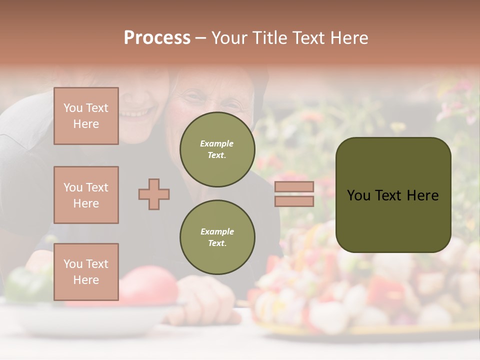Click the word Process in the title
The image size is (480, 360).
[157, 38]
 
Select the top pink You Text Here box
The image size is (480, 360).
[86, 116]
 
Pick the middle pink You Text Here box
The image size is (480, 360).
[86, 195]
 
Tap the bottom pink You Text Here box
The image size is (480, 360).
[86, 271]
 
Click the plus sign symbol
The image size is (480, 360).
[154, 194]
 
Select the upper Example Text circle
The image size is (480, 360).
[217, 149]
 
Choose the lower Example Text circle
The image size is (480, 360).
[217, 237]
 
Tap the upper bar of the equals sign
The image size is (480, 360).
[294, 186]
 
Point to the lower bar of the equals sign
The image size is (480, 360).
[294, 201]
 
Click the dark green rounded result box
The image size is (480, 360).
[393, 195]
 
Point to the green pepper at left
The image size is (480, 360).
[27, 285]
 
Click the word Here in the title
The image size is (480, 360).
[349, 38]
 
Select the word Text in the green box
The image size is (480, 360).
[393, 195]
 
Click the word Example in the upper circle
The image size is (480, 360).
[217, 143]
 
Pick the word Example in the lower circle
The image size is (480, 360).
[217, 231]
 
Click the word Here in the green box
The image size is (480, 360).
[423, 195]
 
